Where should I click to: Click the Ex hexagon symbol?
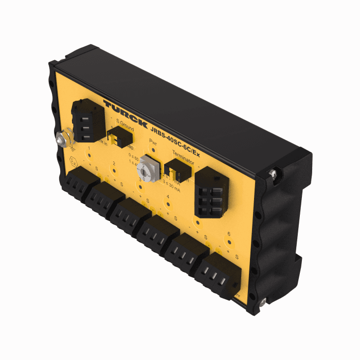click(74, 161)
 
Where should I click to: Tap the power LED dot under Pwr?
click(152, 150)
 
